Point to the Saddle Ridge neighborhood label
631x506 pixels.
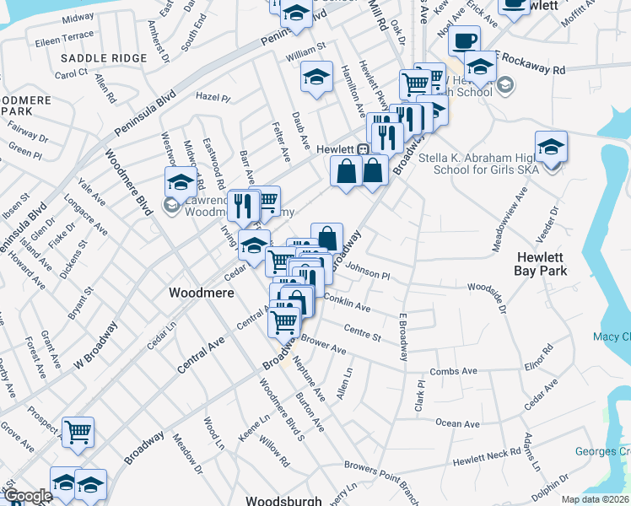click(x=104, y=58)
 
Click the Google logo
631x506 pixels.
click(x=28, y=496)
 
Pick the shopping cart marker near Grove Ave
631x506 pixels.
click(x=78, y=433)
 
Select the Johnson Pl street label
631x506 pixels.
click(x=368, y=273)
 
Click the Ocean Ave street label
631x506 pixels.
click(x=457, y=423)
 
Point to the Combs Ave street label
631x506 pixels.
click(x=453, y=371)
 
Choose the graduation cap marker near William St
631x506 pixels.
click(x=315, y=79)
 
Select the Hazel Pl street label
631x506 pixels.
click(x=213, y=97)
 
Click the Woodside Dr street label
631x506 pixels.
click(x=487, y=299)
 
